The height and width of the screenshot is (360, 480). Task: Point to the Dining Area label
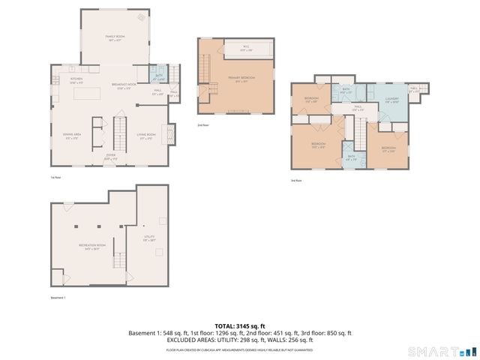(x=72, y=136)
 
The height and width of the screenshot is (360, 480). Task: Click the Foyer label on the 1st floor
(x=111, y=157)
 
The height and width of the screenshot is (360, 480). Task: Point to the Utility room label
(x=149, y=238)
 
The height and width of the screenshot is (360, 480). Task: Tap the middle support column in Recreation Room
(x=98, y=226)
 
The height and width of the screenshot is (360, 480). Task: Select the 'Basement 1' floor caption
(x=58, y=298)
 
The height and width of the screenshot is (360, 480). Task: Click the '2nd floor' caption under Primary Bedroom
(x=202, y=125)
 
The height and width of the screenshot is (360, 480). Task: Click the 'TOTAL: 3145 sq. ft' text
(x=240, y=326)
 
